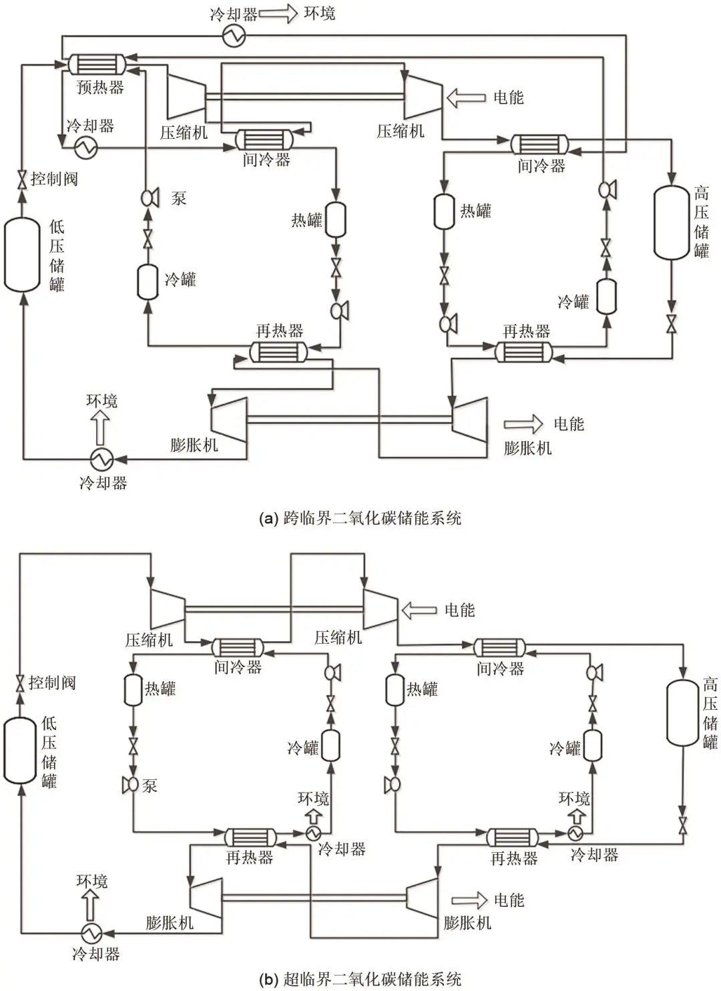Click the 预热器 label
[100, 87]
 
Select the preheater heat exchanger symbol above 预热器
[97, 64]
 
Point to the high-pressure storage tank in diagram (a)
[672, 222]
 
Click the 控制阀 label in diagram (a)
[54, 179]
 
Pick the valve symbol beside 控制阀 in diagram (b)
[20, 684]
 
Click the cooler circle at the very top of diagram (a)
[234, 35]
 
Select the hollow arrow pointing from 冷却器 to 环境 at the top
[278, 14]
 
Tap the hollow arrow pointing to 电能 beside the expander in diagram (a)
[523, 424]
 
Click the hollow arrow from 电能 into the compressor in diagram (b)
[419, 610]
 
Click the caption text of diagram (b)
[360, 979]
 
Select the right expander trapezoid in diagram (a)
[469, 419]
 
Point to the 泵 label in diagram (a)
[179, 198]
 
